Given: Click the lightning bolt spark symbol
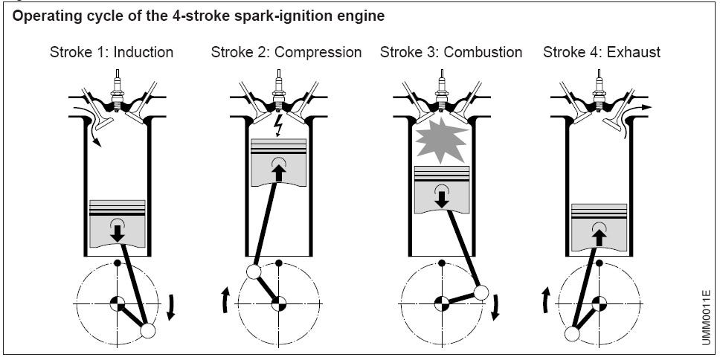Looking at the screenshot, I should pyautogui.click(x=280, y=124).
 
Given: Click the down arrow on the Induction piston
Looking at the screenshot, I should pyautogui.click(x=118, y=231).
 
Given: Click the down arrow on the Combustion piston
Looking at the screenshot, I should pyautogui.click(x=440, y=196).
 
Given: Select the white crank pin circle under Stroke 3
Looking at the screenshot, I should pyautogui.click(x=481, y=292).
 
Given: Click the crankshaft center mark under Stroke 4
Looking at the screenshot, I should pyautogui.click(x=600, y=303).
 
